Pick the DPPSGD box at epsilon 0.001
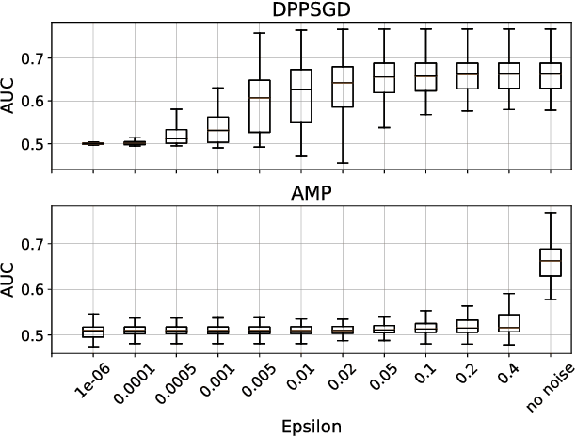point(217,129)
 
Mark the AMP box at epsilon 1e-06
point(93,332)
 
